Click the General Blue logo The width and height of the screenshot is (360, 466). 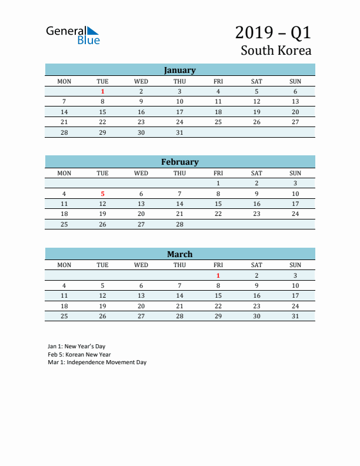tap(73, 35)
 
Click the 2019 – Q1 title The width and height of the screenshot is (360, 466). tap(273, 32)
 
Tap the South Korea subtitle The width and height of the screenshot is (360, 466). tap(276, 50)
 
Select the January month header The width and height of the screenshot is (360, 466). tap(179, 70)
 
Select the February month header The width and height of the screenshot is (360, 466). tap(179, 162)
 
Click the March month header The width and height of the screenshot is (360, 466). tap(179, 254)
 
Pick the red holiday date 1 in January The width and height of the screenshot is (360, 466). tap(102, 91)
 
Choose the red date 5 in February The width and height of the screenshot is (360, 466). tap(102, 194)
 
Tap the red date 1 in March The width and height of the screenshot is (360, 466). tap(218, 275)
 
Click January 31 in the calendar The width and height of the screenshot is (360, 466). tap(179, 132)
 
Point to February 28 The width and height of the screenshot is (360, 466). tap(179, 224)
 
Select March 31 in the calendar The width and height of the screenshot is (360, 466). tap(295, 316)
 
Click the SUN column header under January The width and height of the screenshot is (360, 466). tap(295, 81)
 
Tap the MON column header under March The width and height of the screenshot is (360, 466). tap(64, 265)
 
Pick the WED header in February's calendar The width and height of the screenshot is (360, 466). tap(141, 173)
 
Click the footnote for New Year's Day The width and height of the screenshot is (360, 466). tap(76, 347)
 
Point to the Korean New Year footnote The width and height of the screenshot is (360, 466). tap(79, 355)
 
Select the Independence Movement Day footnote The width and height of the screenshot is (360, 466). tap(97, 362)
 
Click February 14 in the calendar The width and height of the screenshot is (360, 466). tap(179, 204)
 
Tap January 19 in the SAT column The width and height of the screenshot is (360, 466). tap(256, 112)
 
